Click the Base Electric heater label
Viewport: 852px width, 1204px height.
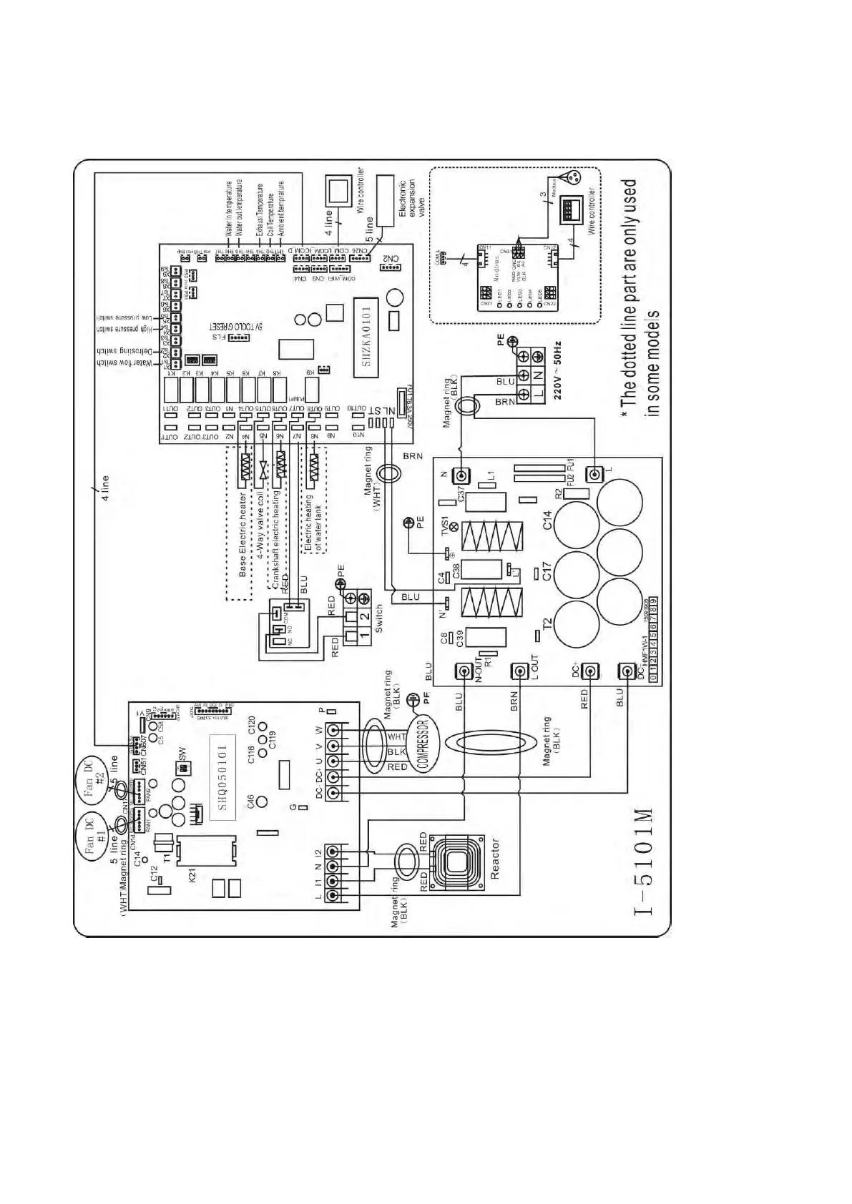(243, 534)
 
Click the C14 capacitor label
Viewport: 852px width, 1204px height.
(547, 520)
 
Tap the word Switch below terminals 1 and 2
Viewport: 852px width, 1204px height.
(379, 619)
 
